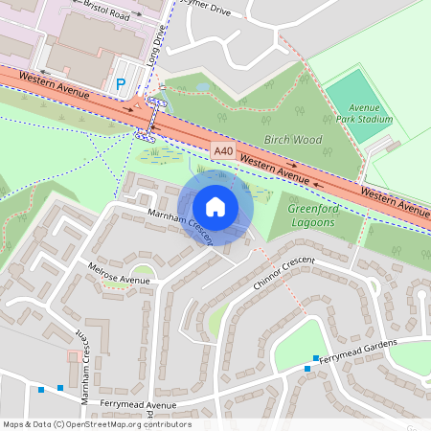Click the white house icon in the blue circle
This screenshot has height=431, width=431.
click(215, 207)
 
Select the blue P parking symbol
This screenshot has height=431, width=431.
click(121, 84)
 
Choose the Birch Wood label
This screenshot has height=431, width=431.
click(292, 139)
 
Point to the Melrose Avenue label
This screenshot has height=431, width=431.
click(119, 274)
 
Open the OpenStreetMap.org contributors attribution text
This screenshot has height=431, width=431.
click(96, 424)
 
